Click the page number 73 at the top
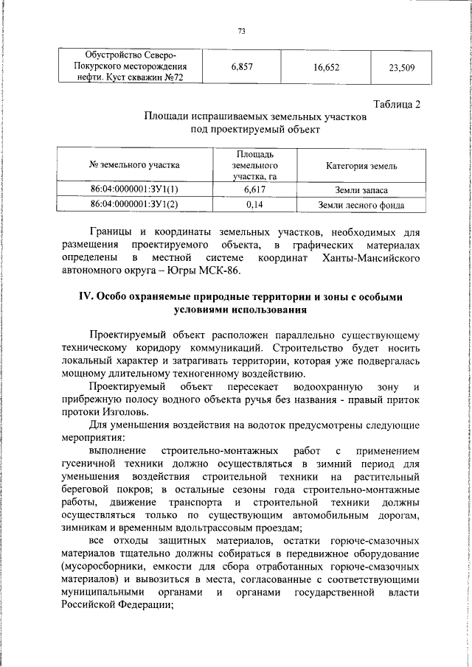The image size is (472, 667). [x=241, y=31]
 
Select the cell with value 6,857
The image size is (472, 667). [x=242, y=66]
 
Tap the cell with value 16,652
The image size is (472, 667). [x=325, y=66]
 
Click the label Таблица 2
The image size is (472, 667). [x=395, y=104]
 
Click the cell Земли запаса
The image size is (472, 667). [x=361, y=189]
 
